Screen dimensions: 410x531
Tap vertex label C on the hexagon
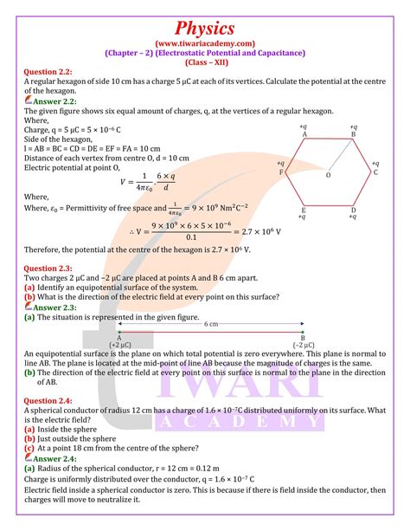tap(375, 172)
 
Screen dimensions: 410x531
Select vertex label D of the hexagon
tap(353, 210)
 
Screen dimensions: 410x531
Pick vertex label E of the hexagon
tap(304, 210)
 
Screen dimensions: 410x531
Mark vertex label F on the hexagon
tap(281, 172)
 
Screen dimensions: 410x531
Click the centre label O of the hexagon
tap(328, 176)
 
